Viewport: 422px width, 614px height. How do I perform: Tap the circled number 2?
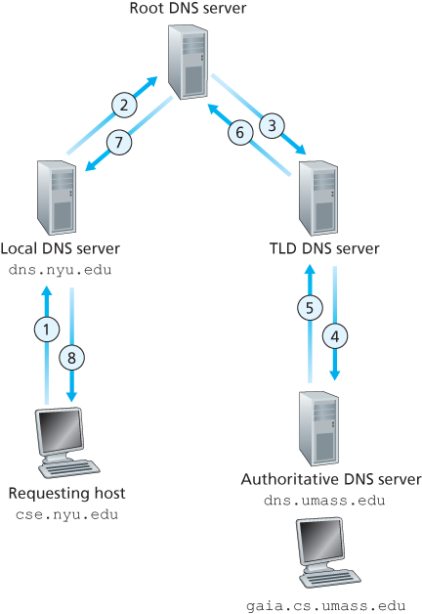pos(122,104)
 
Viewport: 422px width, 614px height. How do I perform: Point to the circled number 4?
pos(336,335)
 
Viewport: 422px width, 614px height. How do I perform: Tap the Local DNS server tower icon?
pos(57,197)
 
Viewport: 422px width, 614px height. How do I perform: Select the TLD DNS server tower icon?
pos(318,198)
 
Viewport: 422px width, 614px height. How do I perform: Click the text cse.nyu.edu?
pos(65,513)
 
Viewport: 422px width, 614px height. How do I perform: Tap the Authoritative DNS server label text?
pos(329,481)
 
